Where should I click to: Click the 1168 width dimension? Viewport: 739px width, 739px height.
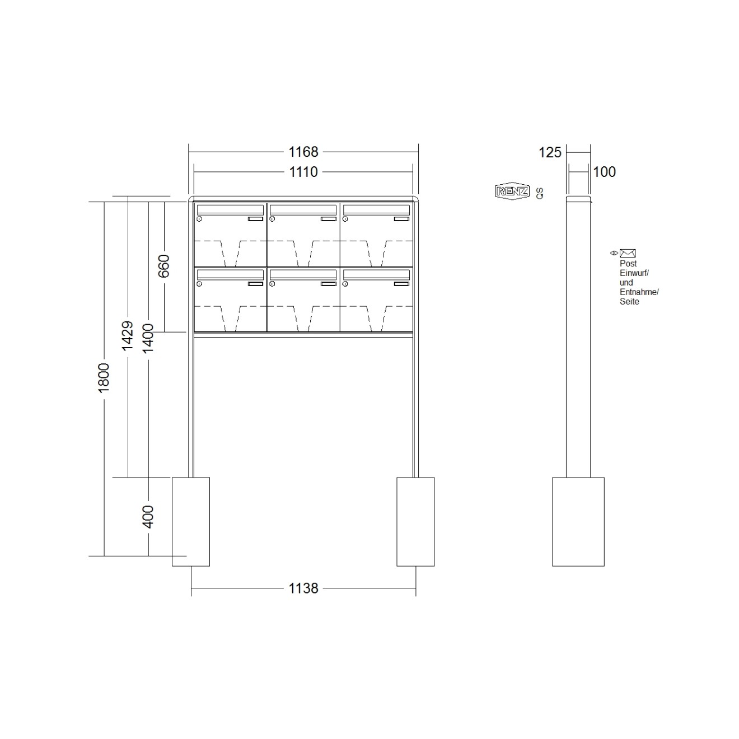tap(303, 152)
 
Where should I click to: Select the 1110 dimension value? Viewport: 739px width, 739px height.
tap(303, 172)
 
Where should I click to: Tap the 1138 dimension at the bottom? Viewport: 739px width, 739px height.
tap(303, 588)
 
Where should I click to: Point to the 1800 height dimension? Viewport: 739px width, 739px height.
tap(104, 377)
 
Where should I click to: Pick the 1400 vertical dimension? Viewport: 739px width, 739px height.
tap(148, 338)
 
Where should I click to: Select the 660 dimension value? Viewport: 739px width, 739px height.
tap(163, 266)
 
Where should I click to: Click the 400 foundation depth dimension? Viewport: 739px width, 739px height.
tap(148, 516)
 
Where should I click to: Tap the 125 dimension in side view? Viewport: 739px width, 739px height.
tap(550, 152)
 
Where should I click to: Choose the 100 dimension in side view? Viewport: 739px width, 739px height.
tap(604, 172)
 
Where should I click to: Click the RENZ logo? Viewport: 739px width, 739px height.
tap(512, 191)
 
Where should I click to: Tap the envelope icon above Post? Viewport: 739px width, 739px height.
tap(627, 254)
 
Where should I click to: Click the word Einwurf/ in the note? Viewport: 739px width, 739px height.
tap(634, 273)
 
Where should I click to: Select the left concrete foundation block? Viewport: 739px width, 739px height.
tap(190, 521)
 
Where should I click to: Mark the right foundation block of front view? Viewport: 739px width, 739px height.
tap(415, 521)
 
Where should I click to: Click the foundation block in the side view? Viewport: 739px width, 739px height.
tap(578, 521)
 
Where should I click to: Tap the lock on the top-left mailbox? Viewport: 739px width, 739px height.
tap(199, 219)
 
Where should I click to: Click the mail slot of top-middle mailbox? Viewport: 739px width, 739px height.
tap(303, 209)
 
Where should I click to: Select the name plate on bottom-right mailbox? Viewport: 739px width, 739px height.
tap(401, 284)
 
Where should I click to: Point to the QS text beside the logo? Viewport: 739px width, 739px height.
tap(539, 193)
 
